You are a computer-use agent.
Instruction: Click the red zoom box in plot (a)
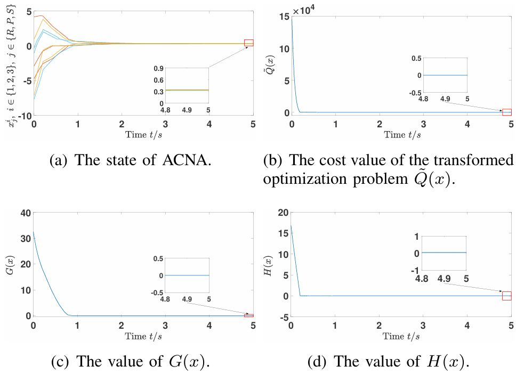coord(249,43)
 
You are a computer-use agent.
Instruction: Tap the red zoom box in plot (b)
coord(506,112)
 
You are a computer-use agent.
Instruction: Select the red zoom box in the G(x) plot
coord(249,315)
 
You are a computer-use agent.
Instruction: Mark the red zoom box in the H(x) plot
coord(506,296)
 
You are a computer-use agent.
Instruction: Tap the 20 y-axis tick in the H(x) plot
coord(283,213)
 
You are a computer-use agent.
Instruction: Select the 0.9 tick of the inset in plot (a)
coord(157,69)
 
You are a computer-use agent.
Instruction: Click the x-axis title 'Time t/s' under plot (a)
coord(144,134)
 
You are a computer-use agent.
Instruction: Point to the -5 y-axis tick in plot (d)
coord(283,317)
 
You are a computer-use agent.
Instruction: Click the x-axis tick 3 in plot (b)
coord(423,123)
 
